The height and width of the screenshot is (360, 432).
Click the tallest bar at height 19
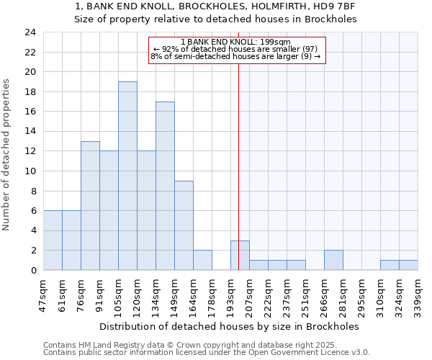pyautogui.click(x=127, y=176)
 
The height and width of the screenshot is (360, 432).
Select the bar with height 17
pyautogui.click(x=165, y=186)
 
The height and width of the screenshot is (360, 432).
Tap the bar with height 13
pyautogui.click(x=90, y=206)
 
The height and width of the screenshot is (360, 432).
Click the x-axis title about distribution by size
pyautogui.click(x=230, y=326)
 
